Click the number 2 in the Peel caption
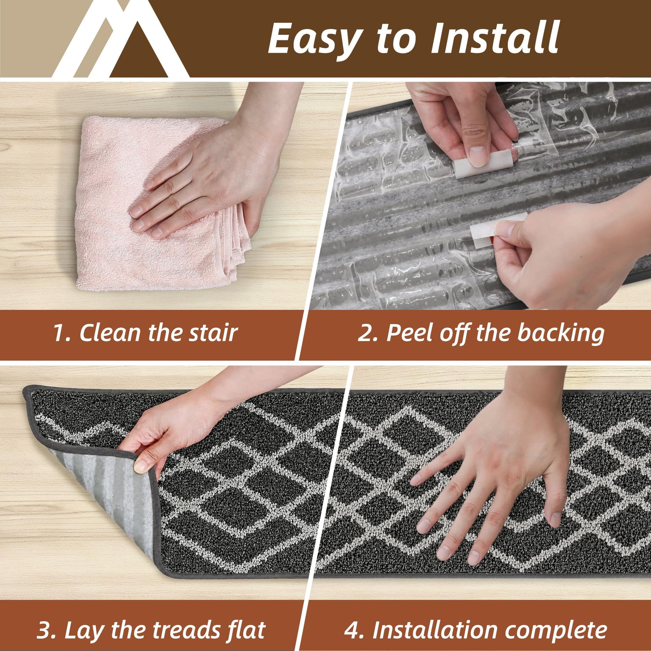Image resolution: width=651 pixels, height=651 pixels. pyautogui.click(x=365, y=333)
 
